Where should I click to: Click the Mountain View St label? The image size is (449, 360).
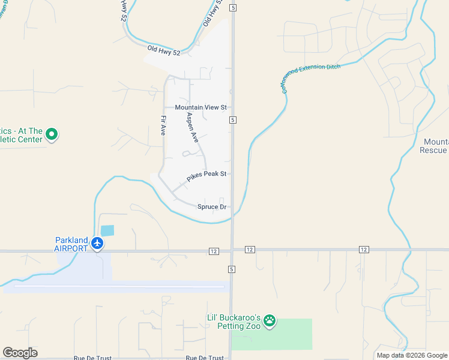[200, 107]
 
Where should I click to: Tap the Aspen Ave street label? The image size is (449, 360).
[192, 127]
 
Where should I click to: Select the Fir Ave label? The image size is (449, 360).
[163, 125]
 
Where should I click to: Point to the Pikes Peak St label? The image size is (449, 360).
[206, 175]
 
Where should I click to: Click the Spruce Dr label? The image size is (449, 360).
[212, 207]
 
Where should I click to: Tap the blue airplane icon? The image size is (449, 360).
[98, 244]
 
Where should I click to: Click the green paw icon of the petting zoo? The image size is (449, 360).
[271, 321]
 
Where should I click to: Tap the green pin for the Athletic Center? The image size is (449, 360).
[52, 134]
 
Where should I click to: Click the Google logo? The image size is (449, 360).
[20, 353]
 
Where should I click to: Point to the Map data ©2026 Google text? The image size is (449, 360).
[412, 355]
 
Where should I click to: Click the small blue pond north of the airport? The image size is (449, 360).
[107, 230]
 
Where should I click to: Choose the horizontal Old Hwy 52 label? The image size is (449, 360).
[164, 51]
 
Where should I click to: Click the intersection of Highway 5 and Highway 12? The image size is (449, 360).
[232, 250]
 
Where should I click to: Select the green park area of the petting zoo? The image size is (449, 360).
[288, 336]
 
